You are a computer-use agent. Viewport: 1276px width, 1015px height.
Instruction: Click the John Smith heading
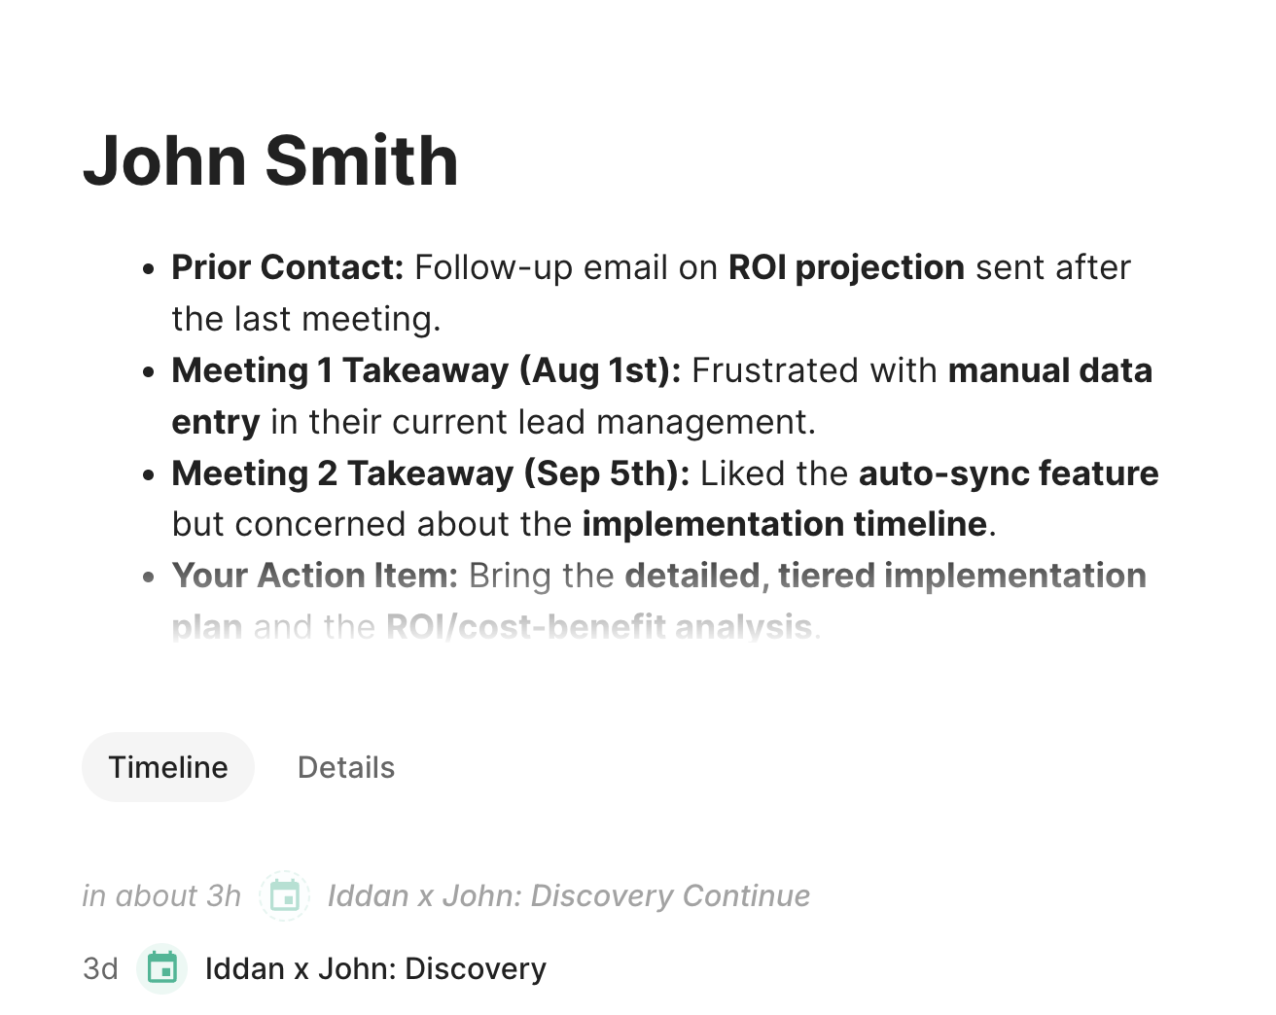click(x=270, y=160)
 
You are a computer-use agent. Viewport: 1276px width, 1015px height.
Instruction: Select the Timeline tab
click(x=168, y=767)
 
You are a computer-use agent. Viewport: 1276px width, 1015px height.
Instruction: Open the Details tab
click(x=346, y=767)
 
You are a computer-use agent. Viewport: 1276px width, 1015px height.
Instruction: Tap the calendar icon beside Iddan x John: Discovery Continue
click(x=285, y=895)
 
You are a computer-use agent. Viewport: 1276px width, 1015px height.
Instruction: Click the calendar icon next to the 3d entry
click(x=161, y=968)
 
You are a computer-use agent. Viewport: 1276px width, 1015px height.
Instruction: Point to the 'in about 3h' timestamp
click(x=161, y=895)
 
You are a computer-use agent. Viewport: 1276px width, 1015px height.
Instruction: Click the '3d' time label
click(x=100, y=968)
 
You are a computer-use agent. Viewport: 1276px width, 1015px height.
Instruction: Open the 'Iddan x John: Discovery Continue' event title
click(x=569, y=895)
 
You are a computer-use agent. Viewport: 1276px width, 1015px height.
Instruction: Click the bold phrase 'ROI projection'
click(x=847, y=268)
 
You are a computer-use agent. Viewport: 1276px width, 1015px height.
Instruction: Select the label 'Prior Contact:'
click(x=288, y=267)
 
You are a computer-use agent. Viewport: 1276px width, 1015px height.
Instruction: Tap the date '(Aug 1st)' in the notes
click(x=600, y=371)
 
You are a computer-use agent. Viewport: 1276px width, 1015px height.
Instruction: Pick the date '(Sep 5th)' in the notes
click(x=607, y=473)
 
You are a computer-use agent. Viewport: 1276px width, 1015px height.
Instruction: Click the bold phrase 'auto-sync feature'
click(x=1009, y=473)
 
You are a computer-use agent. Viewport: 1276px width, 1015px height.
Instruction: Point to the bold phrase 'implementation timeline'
click(x=785, y=525)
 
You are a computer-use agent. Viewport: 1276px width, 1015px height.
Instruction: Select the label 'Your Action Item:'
click(x=315, y=576)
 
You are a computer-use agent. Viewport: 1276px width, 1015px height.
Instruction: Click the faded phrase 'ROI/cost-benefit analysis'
click(x=599, y=627)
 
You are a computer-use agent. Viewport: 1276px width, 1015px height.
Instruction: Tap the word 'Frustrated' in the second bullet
click(x=775, y=370)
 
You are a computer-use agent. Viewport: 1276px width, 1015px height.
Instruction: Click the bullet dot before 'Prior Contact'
click(x=149, y=269)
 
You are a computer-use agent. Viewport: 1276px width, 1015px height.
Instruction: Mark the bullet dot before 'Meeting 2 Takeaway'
click(x=149, y=474)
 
